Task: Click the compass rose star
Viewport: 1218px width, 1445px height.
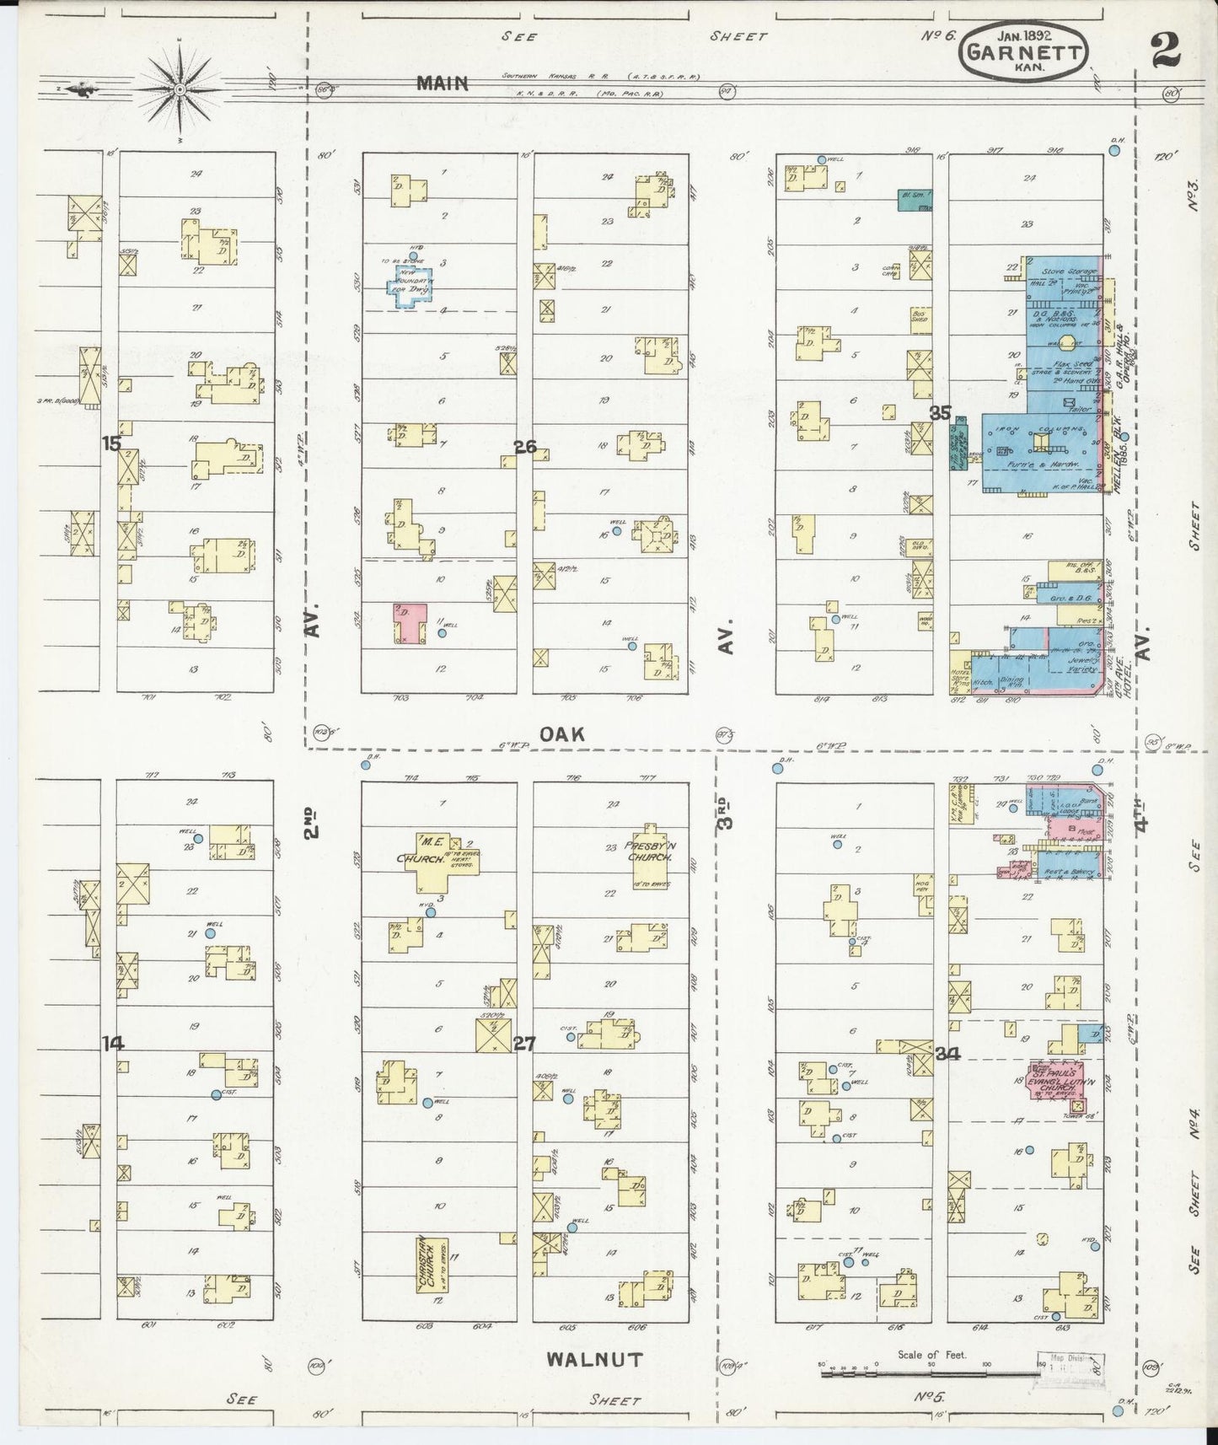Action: [180, 88]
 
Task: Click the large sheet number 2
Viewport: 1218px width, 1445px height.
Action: [1165, 51]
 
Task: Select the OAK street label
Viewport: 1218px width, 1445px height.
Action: [562, 735]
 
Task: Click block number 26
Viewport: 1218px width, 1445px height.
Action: [525, 447]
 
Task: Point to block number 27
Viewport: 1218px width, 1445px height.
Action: [524, 1044]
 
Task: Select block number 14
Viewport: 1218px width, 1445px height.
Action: [112, 1044]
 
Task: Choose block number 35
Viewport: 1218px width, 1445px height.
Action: [940, 413]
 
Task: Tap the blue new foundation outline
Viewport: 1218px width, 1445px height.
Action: [409, 286]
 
